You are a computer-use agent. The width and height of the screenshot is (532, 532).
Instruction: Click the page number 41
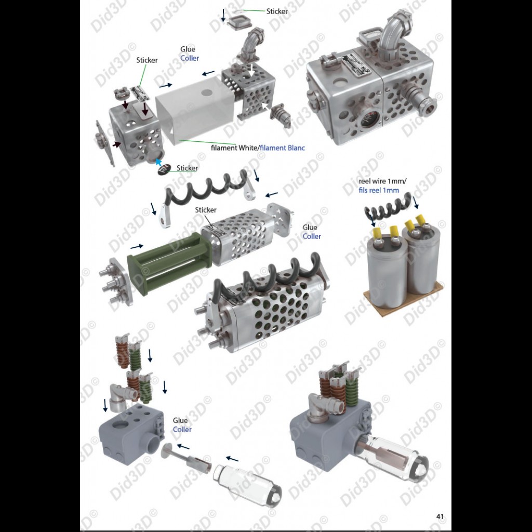click(x=440, y=516)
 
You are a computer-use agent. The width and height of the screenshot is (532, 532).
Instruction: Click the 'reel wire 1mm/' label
click(x=382, y=181)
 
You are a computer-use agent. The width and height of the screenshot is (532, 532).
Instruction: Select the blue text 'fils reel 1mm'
click(x=379, y=190)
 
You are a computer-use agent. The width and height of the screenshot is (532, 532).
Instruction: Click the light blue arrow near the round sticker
click(x=158, y=162)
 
